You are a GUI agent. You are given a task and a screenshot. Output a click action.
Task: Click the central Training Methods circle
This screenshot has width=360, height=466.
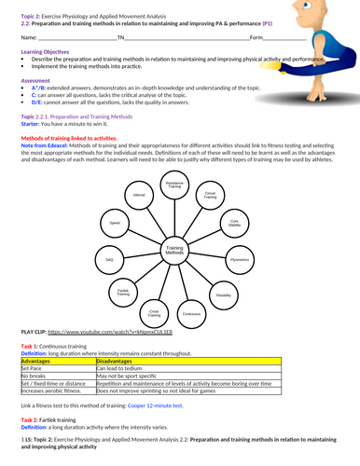[174, 251]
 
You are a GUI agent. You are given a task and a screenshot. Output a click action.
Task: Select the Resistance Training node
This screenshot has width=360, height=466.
[174, 185]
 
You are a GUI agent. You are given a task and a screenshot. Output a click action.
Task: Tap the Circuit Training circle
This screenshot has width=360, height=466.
[210, 196]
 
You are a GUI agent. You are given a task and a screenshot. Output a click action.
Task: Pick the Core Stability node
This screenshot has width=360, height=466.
[234, 223]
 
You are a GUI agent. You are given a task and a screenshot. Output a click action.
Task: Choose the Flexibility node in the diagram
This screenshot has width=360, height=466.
[224, 295]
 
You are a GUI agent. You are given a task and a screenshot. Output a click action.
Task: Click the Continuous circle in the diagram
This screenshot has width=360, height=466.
[192, 314]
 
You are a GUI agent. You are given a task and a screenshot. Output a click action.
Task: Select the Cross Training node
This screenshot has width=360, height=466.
[155, 314]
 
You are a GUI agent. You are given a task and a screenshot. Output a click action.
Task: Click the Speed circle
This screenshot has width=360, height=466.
[115, 224]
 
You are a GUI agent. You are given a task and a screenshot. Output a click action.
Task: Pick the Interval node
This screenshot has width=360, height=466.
[139, 195]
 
